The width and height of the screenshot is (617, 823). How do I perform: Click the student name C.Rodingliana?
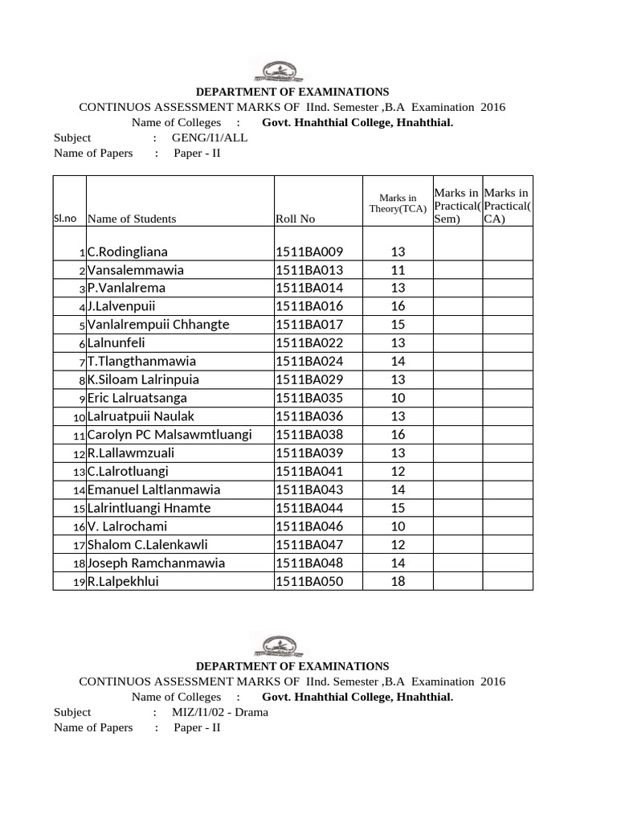128,252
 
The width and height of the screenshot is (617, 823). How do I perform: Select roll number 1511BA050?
309,581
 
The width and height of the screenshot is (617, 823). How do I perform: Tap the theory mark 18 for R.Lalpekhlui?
398,581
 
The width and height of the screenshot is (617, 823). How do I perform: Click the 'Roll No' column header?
295,219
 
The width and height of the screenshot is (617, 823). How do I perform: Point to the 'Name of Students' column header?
132,219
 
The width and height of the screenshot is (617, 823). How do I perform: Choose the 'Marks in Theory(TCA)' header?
398,203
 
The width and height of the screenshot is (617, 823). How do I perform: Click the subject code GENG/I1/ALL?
210,137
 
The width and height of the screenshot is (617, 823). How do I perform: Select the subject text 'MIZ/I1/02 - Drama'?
220,712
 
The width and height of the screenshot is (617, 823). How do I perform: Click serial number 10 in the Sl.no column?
79,418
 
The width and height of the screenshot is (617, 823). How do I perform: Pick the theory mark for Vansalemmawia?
398,270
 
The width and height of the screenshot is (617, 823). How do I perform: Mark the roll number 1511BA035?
309,398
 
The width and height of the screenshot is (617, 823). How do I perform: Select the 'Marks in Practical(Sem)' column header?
457,205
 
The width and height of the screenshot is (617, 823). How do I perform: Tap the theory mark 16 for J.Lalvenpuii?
398,306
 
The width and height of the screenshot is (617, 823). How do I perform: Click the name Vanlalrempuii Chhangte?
158,325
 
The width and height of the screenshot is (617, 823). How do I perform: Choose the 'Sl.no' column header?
65,219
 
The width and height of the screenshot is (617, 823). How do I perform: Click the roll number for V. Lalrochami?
309,526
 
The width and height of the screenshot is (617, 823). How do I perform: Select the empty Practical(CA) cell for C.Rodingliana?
507,252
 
